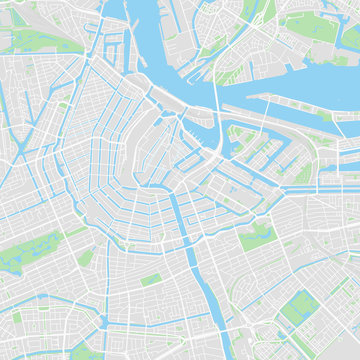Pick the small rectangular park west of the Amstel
pyautogui.click(x=150, y=280)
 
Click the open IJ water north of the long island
pyautogui.click(x=300, y=80)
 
